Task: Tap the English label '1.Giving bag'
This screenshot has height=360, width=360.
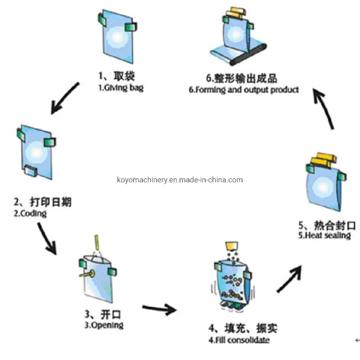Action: tap(121, 88)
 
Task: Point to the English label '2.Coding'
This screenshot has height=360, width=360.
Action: tap(30, 213)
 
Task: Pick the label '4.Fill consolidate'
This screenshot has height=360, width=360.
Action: tap(238, 340)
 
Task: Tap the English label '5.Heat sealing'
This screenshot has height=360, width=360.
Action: tap(324, 235)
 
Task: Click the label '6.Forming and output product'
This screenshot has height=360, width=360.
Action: tap(243, 90)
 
